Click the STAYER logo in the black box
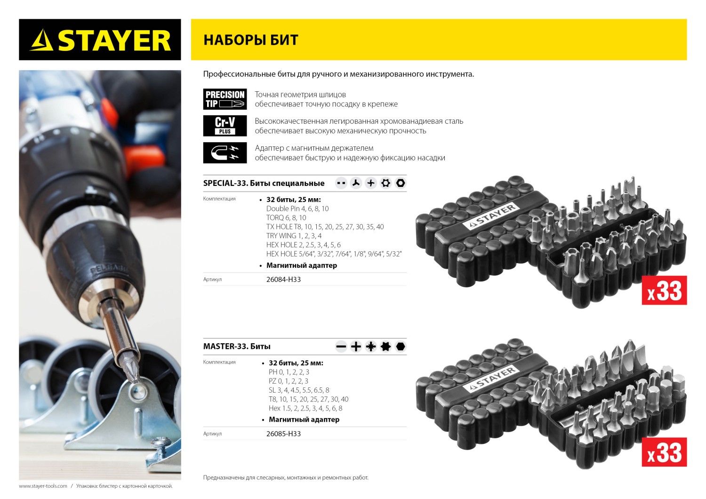click(100, 40)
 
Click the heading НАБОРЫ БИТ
click(251, 40)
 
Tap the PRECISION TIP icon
click(225, 99)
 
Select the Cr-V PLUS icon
click(225, 126)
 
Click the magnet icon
click(225, 153)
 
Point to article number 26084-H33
click(283, 279)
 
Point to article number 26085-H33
click(283, 434)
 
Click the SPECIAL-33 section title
click(264, 183)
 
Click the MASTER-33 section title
click(237, 346)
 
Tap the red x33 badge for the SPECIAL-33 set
click(664, 290)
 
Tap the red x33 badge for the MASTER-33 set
click(664, 452)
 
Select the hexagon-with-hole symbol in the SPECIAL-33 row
click(401, 183)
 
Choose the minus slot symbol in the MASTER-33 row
click(341, 347)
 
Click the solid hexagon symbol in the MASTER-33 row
click(401, 347)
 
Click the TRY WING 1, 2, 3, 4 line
click(294, 236)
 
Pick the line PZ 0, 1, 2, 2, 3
click(289, 381)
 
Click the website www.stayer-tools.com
click(43, 486)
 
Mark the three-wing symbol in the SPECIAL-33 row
click(356, 183)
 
